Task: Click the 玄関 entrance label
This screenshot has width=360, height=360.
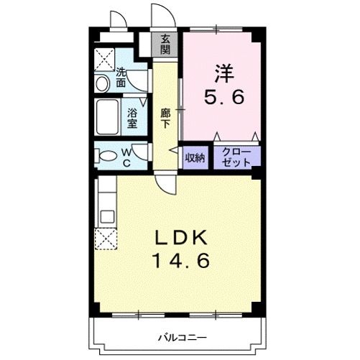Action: (x=166, y=45)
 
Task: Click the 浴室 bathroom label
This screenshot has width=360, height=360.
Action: (x=132, y=117)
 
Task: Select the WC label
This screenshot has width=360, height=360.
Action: (x=125, y=156)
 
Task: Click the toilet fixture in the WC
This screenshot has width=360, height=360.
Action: (x=107, y=155)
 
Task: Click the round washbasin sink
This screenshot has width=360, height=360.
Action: (x=103, y=83)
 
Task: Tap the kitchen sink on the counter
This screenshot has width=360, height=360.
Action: (x=106, y=216)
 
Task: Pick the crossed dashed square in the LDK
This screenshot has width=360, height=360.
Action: (x=106, y=239)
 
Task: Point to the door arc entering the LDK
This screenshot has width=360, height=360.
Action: (x=167, y=185)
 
